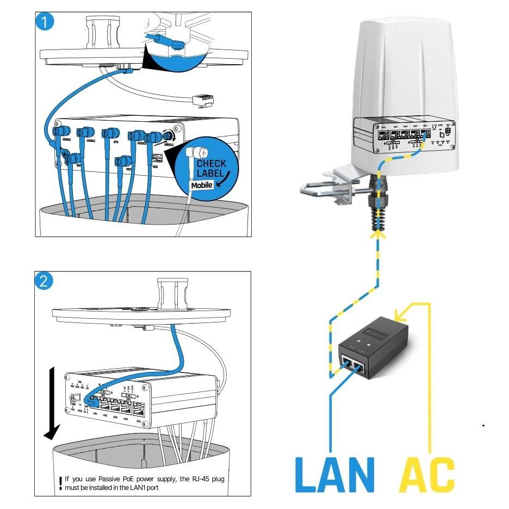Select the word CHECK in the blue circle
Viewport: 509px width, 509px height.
(212, 163)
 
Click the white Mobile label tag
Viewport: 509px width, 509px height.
(202, 185)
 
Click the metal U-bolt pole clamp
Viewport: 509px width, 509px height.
(326, 188)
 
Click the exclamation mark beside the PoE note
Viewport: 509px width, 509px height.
(60, 483)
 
